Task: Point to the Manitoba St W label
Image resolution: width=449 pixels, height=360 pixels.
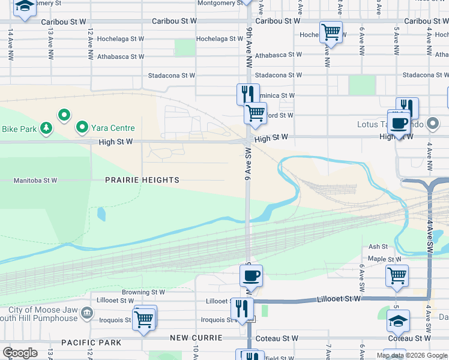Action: click(35, 180)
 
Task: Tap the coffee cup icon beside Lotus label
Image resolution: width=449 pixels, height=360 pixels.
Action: click(399, 124)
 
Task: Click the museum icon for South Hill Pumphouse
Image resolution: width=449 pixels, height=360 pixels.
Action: click(87, 312)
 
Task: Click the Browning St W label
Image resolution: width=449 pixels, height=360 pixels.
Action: click(143, 292)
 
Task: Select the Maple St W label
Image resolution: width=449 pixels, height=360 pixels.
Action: click(385, 259)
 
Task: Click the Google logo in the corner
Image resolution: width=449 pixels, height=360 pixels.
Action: click(20, 352)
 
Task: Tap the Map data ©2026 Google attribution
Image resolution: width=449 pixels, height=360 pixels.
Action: click(412, 355)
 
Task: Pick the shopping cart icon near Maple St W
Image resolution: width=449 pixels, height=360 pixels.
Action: click(396, 275)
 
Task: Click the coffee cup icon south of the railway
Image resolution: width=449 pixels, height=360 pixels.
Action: click(251, 276)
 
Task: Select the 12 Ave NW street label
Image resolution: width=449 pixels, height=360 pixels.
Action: click(90, 43)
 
